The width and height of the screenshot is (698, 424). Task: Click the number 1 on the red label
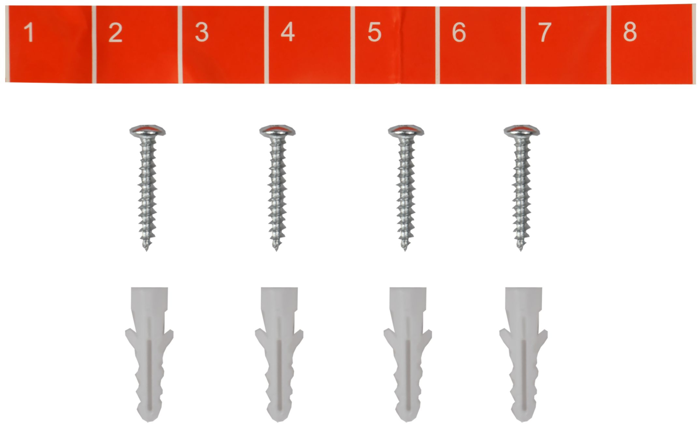click(x=29, y=32)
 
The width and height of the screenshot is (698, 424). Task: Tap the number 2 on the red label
click(x=115, y=32)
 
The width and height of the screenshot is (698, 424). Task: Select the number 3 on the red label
click(x=202, y=32)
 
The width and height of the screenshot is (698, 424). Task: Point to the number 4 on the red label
click(x=287, y=32)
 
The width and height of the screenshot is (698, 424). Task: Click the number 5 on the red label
click(x=374, y=32)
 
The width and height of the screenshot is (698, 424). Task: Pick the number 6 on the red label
click(x=459, y=32)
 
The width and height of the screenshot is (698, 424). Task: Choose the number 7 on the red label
click(x=545, y=32)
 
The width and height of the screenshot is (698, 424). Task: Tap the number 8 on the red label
click(x=630, y=32)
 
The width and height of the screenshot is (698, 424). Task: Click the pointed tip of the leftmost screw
click(x=147, y=250)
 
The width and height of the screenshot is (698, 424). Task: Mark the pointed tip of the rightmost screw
click(x=521, y=250)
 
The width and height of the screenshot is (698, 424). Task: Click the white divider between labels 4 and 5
click(x=353, y=45)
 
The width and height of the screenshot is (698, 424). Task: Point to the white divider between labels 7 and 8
click(x=609, y=45)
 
